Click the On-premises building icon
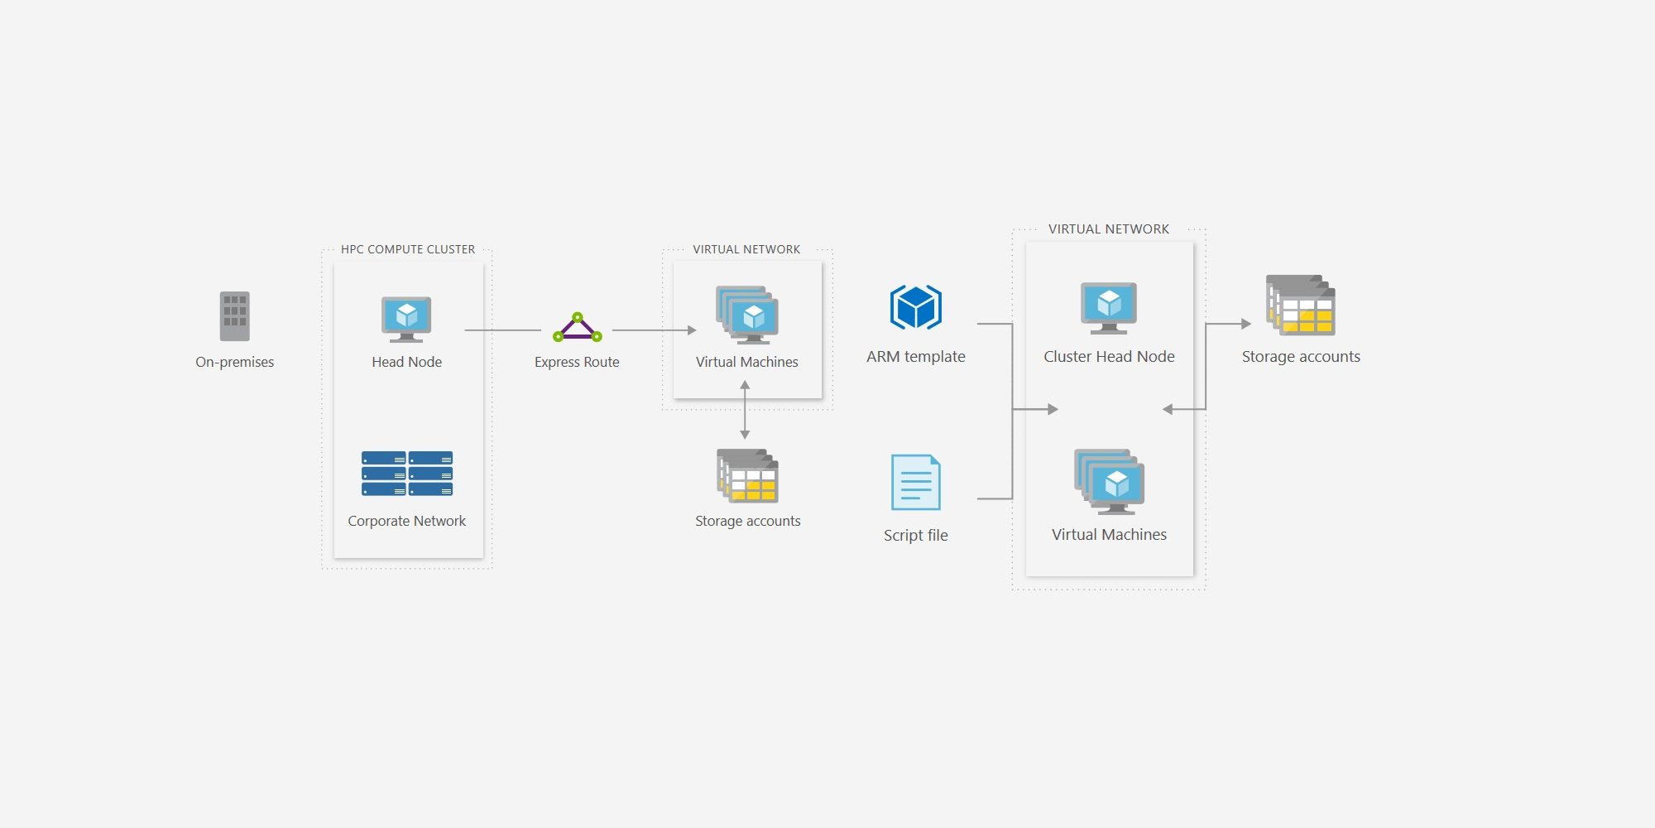(x=234, y=316)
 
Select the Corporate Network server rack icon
(x=407, y=474)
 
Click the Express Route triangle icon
(x=578, y=327)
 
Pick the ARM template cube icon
(x=916, y=307)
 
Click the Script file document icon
(x=916, y=482)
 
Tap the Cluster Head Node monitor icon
(x=1109, y=308)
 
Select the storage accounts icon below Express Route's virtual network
(x=747, y=475)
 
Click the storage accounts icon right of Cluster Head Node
(x=1301, y=305)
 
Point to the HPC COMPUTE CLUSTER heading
(x=408, y=249)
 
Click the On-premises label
(x=234, y=362)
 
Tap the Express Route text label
(x=577, y=362)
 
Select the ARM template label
(x=916, y=357)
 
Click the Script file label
(x=916, y=535)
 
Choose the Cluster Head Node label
(x=1109, y=357)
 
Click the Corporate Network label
(x=407, y=521)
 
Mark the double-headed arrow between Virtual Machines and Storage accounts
(x=745, y=410)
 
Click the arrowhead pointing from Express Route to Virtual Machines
(x=692, y=330)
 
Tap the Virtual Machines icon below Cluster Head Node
(x=1110, y=482)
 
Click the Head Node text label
(x=406, y=362)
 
